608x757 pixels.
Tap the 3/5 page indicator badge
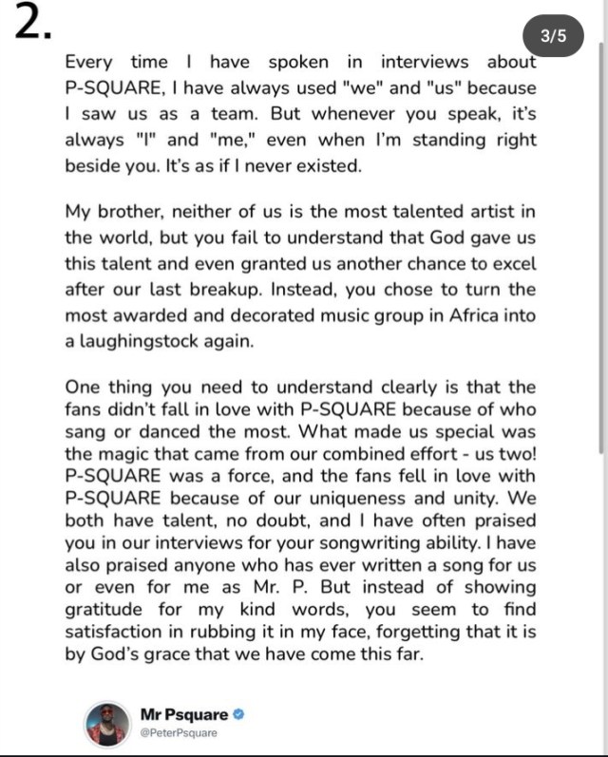tap(552, 37)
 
